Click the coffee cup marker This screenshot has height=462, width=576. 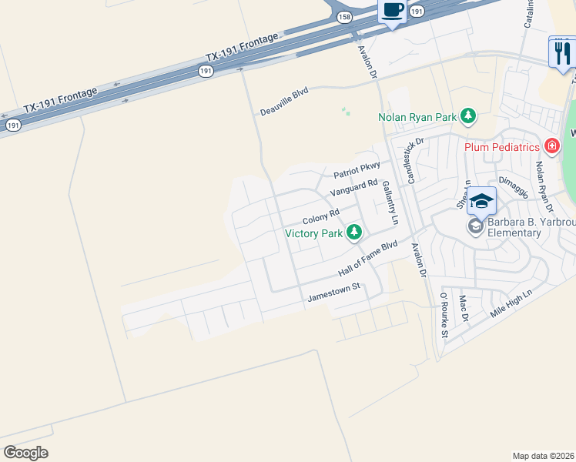coord(393,11)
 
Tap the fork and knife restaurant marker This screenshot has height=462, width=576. coord(562,53)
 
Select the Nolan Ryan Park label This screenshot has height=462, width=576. coord(417,118)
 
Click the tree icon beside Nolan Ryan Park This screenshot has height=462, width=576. coord(467,117)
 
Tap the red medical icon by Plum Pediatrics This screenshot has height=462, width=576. coord(551,146)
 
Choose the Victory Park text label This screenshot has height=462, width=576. coord(313,233)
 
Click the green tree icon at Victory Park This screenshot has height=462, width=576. coord(353,232)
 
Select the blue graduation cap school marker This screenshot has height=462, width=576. coord(482,201)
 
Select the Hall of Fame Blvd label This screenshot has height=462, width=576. coord(367,259)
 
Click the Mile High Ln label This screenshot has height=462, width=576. coord(512,305)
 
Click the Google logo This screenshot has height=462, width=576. coord(25,453)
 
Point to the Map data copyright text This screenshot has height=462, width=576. coord(542,456)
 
